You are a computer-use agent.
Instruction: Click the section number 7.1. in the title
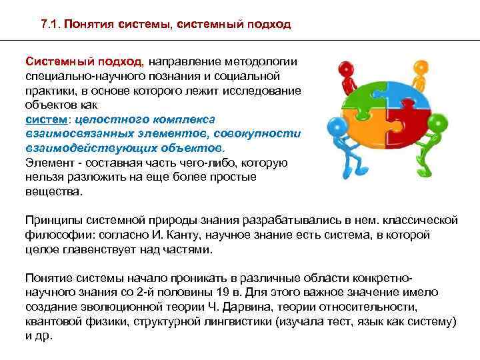(x=51, y=25)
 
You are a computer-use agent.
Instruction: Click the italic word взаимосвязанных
(x=73, y=133)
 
